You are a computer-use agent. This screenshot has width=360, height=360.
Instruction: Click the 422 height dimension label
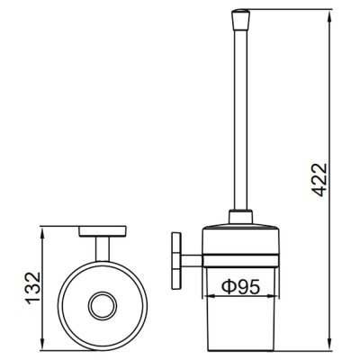318,180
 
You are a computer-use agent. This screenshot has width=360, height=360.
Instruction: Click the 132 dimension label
32,288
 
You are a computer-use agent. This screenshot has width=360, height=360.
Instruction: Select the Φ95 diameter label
240,287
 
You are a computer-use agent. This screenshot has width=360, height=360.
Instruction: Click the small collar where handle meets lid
240,216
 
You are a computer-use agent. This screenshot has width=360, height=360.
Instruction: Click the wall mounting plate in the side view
176,261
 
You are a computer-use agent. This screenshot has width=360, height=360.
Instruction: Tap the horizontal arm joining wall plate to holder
192,261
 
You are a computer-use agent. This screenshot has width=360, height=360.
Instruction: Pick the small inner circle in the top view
103,305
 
